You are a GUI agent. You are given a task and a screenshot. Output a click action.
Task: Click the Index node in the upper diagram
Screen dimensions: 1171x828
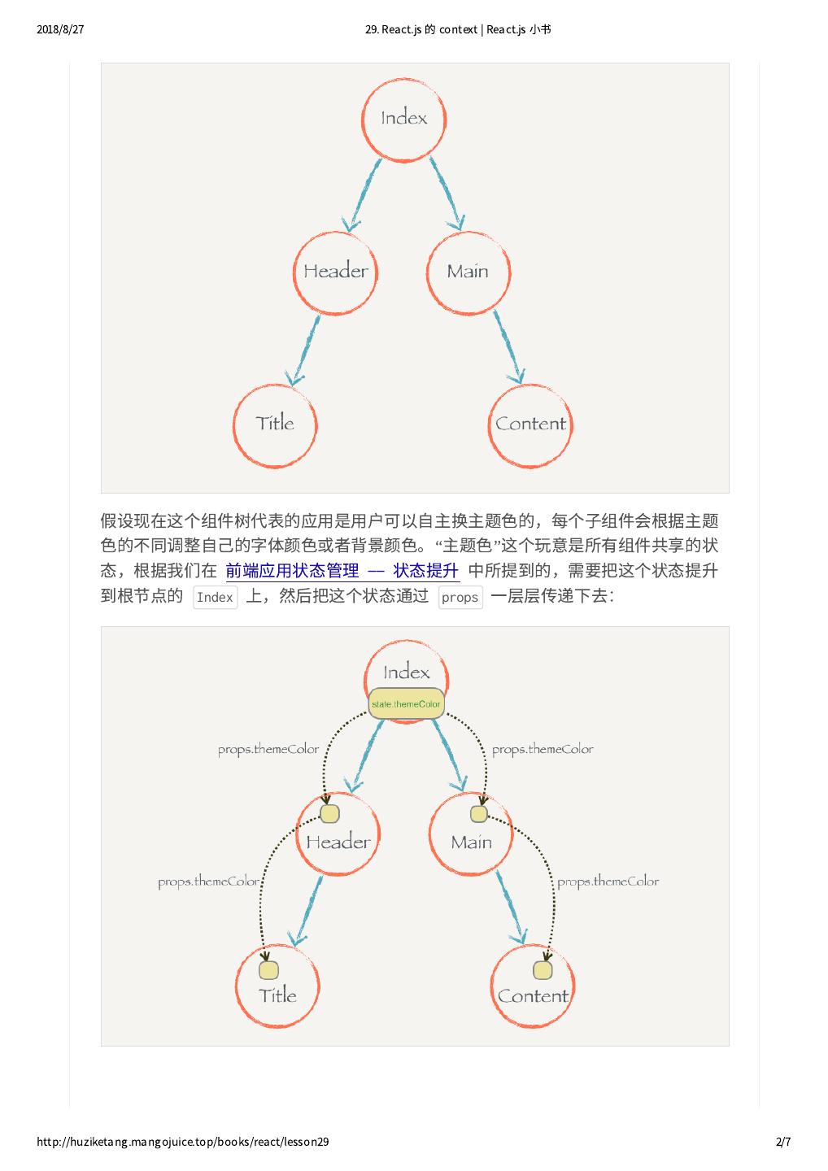[404, 118]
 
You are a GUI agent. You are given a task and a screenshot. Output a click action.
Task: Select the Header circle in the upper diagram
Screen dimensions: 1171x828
[335, 272]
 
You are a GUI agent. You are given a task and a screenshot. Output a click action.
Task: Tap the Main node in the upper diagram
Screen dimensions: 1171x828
[468, 272]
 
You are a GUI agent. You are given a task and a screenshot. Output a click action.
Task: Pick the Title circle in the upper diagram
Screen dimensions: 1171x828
[275, 424]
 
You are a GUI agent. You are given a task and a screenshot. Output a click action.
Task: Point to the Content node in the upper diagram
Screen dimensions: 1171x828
[530, 424]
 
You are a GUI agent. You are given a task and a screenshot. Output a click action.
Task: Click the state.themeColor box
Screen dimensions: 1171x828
[406, 703]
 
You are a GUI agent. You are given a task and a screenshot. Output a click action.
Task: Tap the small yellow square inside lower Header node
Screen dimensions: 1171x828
[329, 814]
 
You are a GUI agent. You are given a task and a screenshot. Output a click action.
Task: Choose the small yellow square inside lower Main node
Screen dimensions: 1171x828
[479, 814]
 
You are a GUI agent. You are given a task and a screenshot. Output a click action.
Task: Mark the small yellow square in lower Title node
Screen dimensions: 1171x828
[268, 970]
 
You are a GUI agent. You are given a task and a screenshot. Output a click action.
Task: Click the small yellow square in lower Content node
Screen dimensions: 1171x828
[543, 970]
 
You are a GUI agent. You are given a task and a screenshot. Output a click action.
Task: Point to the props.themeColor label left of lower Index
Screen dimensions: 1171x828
[268, 750]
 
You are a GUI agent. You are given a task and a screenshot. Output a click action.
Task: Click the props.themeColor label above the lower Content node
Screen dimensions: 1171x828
[608, 882]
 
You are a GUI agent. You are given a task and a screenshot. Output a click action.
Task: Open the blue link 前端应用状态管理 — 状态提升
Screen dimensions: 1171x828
[342, 571]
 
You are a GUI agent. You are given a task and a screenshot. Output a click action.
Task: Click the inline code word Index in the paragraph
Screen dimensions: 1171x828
[215, 598]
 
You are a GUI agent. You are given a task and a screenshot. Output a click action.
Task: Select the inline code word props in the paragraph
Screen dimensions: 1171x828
[460, 598]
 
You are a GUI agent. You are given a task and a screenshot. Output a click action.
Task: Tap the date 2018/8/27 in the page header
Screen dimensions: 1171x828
[60, 30]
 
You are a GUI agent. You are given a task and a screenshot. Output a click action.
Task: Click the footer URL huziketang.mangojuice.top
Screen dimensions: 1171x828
[183, 1143]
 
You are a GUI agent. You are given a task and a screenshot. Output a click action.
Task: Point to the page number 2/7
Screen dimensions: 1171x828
[783, 1143]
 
